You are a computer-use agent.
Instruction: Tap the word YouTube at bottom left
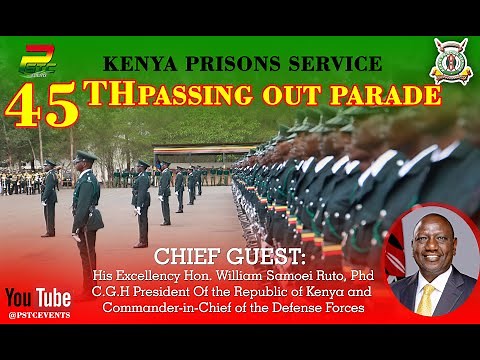(x=38, y=297)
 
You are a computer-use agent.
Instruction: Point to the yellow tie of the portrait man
(x=427, y=299)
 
